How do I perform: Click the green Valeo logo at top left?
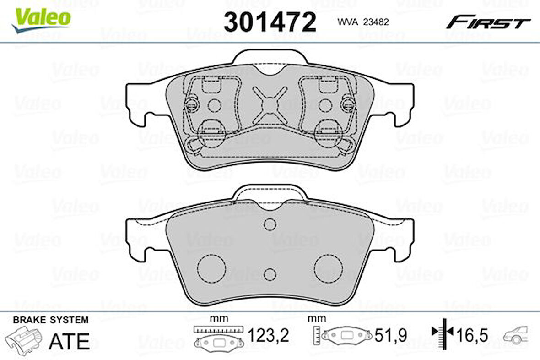(42, 18)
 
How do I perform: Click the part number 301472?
(270, 22)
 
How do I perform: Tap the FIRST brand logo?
(488, 22)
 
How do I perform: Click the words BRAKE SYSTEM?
(51, 320)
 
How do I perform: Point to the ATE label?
(69, 341)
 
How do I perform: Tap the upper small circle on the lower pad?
(270, 224)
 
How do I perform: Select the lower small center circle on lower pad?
(270, 273)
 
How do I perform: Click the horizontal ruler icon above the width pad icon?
(218, 329)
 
